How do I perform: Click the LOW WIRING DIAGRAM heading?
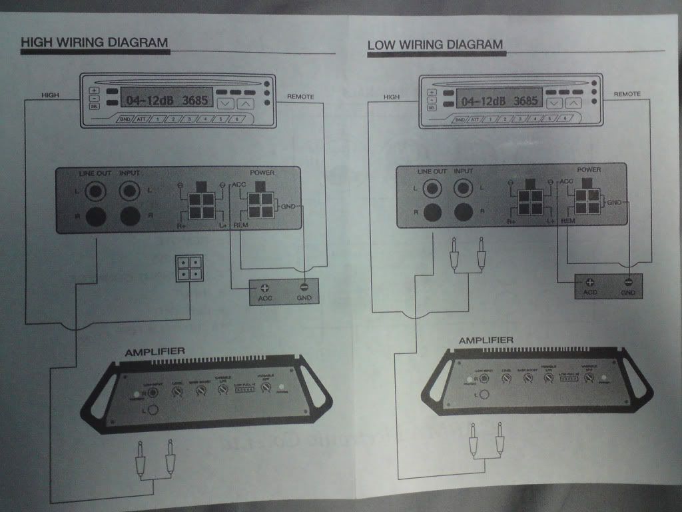(435, 45)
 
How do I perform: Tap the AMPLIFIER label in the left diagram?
(155, 352)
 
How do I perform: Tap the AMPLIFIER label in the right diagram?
(486, 341)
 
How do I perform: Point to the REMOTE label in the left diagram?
(300, 97)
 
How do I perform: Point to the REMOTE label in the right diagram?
(627, 94)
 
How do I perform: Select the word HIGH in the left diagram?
(50, 95)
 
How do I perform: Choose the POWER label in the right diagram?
(588, 169)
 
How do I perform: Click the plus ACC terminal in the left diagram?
(264, 289)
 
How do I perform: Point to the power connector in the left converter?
(260, 205)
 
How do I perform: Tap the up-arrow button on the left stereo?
(246, 103)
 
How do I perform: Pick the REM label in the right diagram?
(567, 220)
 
